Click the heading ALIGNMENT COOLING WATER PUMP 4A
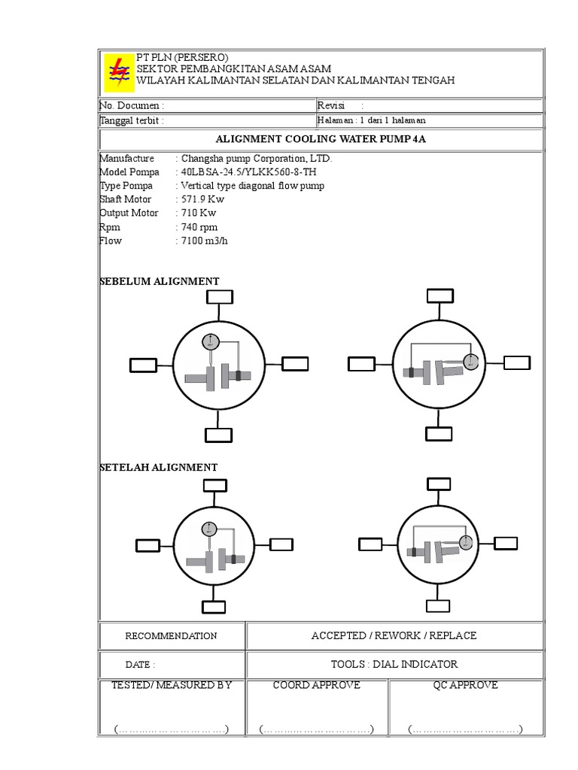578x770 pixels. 321,140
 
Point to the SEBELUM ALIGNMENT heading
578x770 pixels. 160,281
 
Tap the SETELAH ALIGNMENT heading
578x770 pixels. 159,467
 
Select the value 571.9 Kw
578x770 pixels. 203,199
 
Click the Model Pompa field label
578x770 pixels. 129,171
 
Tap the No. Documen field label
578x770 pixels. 132,106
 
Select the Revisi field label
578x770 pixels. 331,106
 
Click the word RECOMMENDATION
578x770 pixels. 171,636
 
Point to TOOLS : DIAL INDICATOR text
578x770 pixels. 394,664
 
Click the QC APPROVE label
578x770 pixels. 465,685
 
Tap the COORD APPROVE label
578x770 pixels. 316,685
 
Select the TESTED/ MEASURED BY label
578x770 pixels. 172,685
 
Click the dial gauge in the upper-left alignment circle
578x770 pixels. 211,341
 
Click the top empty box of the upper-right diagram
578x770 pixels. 440,296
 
